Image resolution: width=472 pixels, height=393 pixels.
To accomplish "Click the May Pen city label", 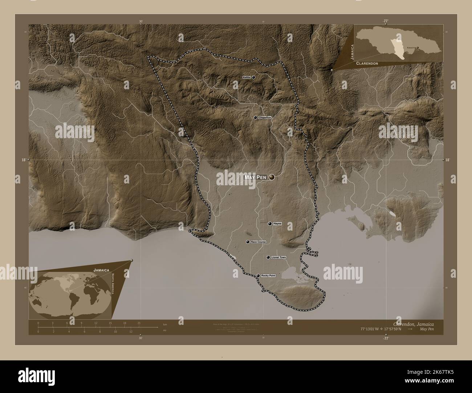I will click(x=255, y=177).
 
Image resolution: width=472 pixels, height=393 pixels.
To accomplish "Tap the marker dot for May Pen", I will click(x=272, y=177).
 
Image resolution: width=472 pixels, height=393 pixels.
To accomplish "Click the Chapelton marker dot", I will click(x=256, y=117).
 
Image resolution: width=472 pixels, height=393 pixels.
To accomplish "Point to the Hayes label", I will click(x=277, y=224).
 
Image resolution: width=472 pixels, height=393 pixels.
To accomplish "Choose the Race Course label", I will click(x=258, y=242).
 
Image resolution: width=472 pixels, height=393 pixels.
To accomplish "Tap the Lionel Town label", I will click(x=279, y=257).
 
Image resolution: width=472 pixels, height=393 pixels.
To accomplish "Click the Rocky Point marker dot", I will click(x=258, y=276).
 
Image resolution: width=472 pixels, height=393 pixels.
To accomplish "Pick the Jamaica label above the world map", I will click(x=102, y=270).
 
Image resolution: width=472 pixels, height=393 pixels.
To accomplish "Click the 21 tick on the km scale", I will click(x=139, y=323).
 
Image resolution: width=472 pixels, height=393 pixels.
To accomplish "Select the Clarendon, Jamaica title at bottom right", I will click(x=413, y=323).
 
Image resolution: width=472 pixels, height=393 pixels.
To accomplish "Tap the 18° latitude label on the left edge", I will click(x=24, y=160).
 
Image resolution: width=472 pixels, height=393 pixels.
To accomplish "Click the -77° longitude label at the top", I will click(x=385, y=21).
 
